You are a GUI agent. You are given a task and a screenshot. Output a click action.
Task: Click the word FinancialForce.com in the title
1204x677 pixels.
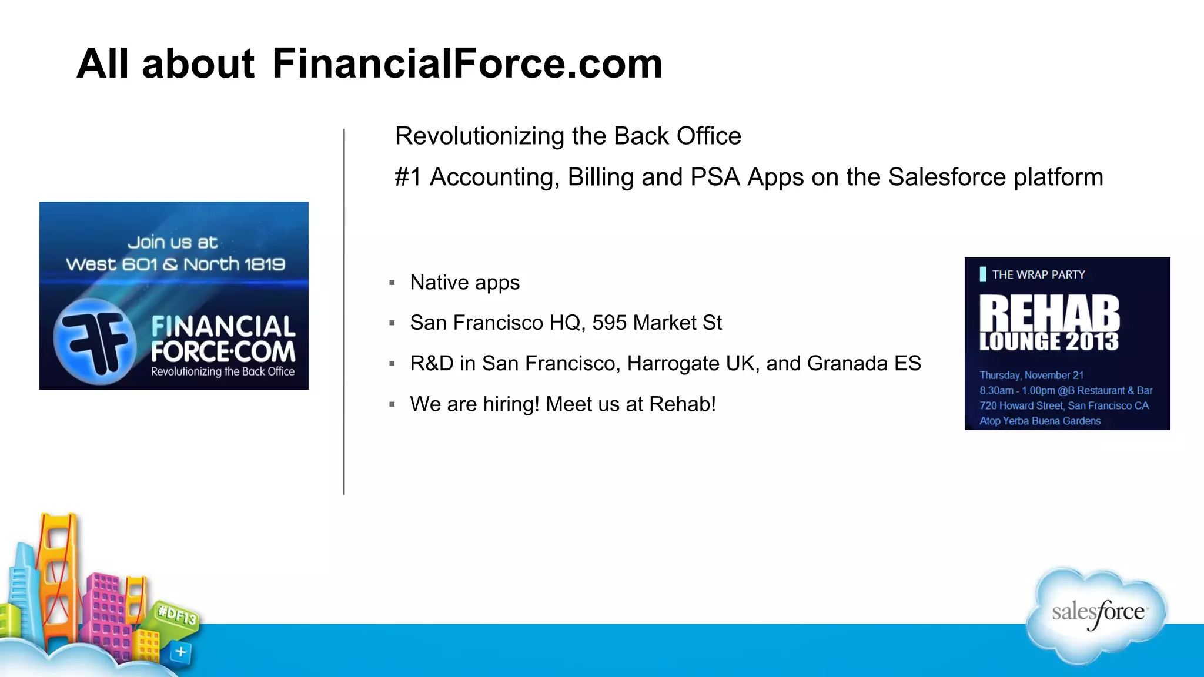pyautogui.click(x=467, y=63)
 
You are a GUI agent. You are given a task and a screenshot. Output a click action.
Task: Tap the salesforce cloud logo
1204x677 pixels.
pyautogui.click(x=1097, y=614)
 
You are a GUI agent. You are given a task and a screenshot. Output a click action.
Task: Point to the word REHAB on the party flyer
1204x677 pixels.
pyautogui.click(x=1049, y=314)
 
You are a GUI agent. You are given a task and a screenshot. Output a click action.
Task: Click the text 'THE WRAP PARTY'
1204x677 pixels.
pyautogui.click(x=1038, y=274)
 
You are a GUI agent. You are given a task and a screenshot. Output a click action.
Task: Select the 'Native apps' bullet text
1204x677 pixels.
pyautogui.click(x=464, y=283)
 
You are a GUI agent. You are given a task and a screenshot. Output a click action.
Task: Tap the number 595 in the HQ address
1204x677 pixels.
pyautogui.click(x=609, y=323)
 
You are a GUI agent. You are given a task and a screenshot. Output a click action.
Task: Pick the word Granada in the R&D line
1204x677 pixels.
pyautogui.click(x=847, y=363)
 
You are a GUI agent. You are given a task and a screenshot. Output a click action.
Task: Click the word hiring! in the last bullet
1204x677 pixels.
pyautogui.click(x=511, y=404)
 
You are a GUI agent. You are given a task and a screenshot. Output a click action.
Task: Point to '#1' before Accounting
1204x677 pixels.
pyautogui.click(x=408, y=177)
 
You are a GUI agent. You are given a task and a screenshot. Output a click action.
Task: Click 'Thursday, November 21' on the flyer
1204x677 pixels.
pyautogui.click(x=1031, y=375)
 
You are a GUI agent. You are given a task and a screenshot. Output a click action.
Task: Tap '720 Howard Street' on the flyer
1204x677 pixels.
pyautogui.click(x=1021, y=405)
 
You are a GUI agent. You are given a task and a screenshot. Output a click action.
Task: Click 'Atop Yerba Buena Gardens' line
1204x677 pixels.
pyautogui.click(x=1039, y=421)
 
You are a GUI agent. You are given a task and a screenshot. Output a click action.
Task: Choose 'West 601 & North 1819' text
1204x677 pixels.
pyautogui.click(x=175, y=264)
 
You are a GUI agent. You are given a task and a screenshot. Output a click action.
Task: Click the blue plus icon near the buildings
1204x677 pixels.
pyautogui.click(x=181, y=652)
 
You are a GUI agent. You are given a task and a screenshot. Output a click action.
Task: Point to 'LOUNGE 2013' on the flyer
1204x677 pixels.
pyautogui.click(x=1049, y=341)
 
